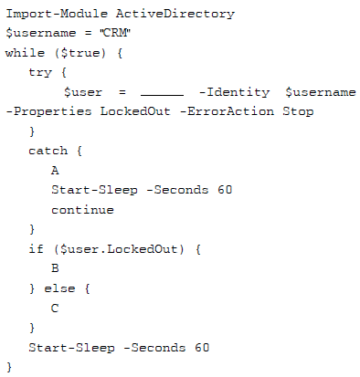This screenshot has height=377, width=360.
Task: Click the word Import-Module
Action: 57,14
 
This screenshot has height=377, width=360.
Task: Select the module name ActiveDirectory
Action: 175,15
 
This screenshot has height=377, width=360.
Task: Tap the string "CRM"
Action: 115,33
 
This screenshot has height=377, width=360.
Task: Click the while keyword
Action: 25,53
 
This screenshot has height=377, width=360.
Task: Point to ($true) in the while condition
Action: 80,53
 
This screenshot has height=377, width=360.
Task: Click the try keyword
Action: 40,73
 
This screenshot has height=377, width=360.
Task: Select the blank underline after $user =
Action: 162,95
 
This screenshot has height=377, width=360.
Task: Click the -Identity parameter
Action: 234,92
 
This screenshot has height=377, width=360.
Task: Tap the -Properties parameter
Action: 48,111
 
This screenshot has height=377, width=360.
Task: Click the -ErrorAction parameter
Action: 228,111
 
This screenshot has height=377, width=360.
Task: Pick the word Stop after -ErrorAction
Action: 298,111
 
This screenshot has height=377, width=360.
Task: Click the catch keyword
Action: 48,151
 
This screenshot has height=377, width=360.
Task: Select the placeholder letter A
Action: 55,171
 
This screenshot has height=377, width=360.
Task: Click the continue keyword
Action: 82,210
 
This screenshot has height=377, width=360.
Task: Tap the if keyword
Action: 37,249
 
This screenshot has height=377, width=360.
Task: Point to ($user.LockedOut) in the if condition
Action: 119,249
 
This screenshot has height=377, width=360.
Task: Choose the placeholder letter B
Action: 55,268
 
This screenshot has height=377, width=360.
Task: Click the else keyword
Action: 59,288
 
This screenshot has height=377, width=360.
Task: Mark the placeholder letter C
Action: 55,309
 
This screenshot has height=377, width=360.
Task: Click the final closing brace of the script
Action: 9,367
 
